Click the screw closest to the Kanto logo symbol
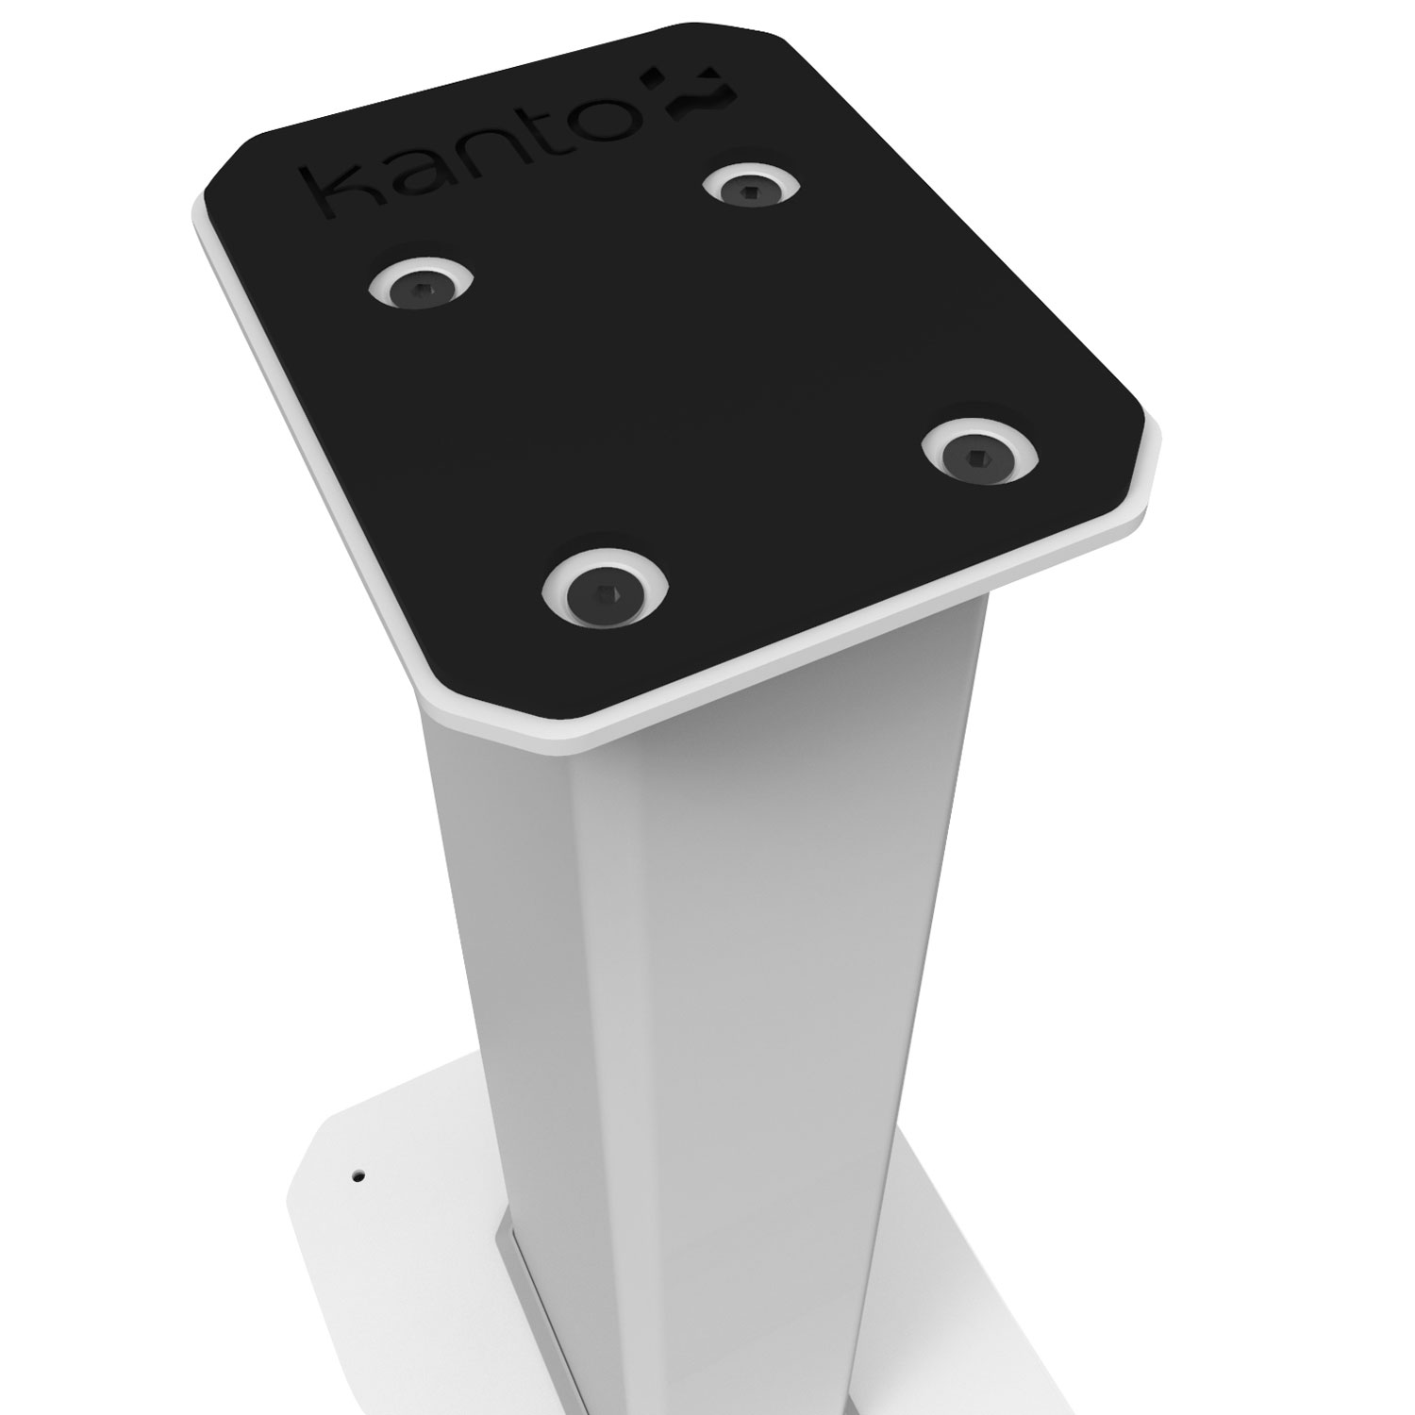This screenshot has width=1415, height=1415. [x=751, y=188]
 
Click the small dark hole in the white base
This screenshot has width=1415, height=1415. [x=357, y=1176]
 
